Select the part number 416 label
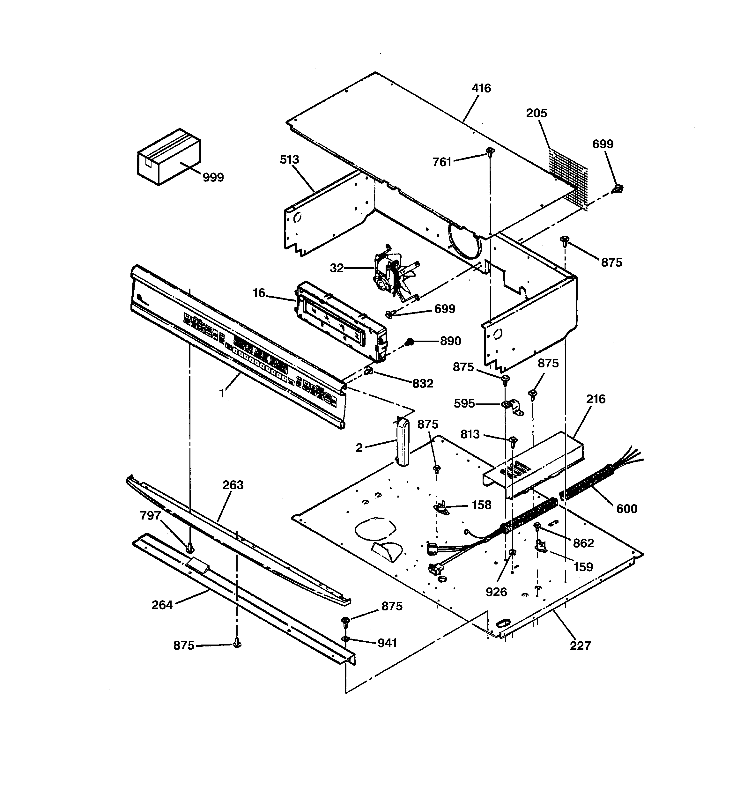[x=481, y=88]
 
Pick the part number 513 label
[x=289, y=159]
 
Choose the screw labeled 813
[x=513, y=440]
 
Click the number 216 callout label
[x=596, y=399]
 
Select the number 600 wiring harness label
[x=626, y=508]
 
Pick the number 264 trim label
[x=162, y=605]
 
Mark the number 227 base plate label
[x=580, y=646]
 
